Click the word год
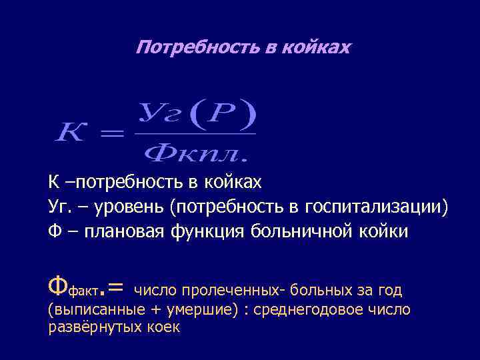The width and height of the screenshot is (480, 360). click(390, 290)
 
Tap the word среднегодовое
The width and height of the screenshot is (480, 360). click(320, 310)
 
